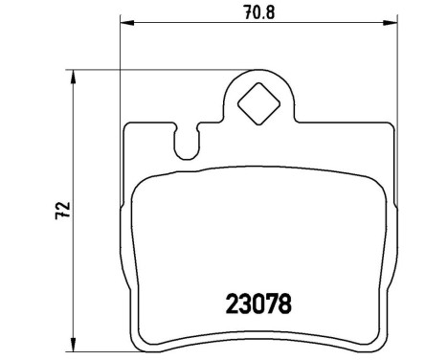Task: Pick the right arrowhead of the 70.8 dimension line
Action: click(x=392, y=25)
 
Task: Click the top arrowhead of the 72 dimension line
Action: click(x=74, y=73)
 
